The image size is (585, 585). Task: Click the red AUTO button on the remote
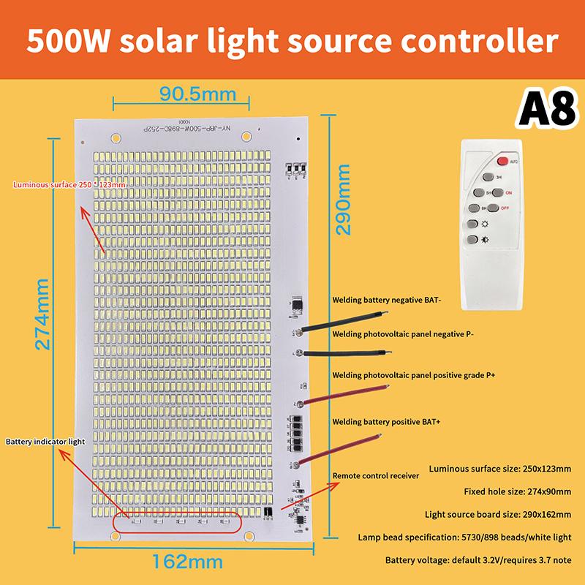504,161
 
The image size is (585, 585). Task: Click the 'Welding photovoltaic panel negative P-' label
403,334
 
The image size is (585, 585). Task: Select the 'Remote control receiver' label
375,476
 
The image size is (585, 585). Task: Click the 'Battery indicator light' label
45,442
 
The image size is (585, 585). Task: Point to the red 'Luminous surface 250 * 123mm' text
69,185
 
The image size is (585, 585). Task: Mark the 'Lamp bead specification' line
464,537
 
